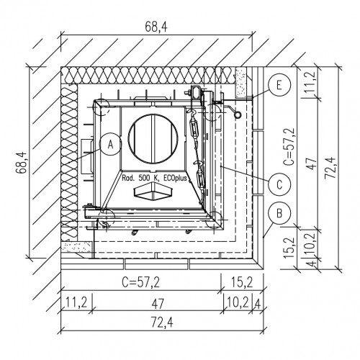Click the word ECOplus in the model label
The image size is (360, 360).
[175, 178]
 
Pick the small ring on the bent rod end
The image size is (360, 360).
[238, 114]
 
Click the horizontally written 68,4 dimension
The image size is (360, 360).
[156, 27]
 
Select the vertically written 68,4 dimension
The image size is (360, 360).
[22, 162]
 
